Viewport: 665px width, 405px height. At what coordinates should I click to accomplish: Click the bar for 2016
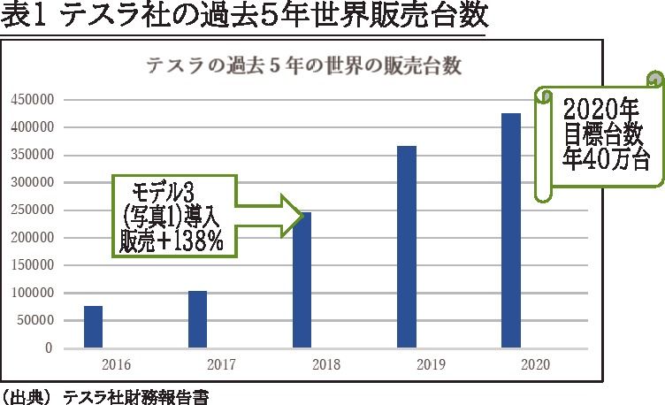click(x=93, y=326)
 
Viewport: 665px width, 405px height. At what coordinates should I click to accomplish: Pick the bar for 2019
click(x=406, y=247)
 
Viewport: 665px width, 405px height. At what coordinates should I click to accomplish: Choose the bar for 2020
click(x=510, y=230)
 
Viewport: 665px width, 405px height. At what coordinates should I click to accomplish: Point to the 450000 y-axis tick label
click(x=34, y=100)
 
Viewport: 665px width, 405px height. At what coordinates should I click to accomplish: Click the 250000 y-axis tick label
click(x=34, y=210)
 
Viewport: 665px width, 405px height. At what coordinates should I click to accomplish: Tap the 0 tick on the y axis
click(x=50, y=348)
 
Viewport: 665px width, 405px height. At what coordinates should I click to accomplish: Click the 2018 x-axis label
click(x=326, y=364)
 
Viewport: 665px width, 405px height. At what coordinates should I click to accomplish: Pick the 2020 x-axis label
click(x=535, y=364)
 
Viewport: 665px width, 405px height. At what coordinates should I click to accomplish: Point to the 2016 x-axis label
click(x=118, y=364)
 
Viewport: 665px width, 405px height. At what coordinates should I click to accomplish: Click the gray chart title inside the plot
click(x=305, y=66)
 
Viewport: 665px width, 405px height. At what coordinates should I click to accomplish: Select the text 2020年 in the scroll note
click(x=601, y=111)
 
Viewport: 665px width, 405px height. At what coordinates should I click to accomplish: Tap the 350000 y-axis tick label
click(x=34, y=155)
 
